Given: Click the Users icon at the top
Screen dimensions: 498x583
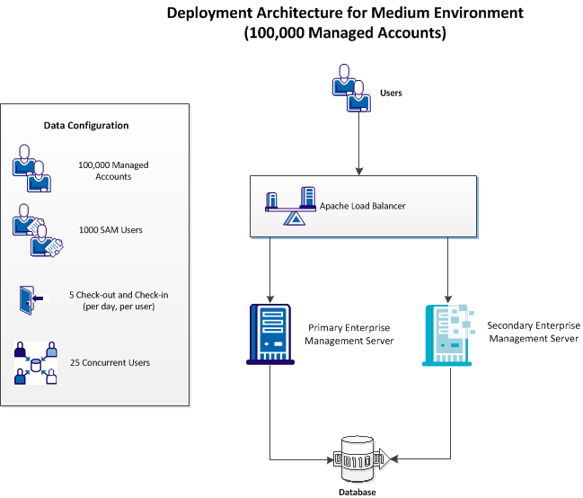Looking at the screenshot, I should click(350, 88).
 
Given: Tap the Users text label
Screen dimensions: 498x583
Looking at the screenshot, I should click(391, 93).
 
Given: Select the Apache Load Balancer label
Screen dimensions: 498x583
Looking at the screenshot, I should click(363, 206).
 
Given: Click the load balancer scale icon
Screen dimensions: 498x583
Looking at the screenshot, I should click(290, 206).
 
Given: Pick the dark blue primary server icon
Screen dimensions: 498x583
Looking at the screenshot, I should click(269, 333).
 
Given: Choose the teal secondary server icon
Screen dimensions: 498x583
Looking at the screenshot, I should click(447, 333).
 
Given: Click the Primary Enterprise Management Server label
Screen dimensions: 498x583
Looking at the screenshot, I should click(349, 334).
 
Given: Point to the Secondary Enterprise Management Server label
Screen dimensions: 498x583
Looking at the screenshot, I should click(533, 331).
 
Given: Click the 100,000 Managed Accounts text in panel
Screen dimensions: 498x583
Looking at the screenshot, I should click(113, 171).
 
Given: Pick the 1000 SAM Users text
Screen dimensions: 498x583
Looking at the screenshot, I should click(110, 230).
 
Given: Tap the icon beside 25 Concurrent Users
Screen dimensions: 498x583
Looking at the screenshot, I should click(35, 363).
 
